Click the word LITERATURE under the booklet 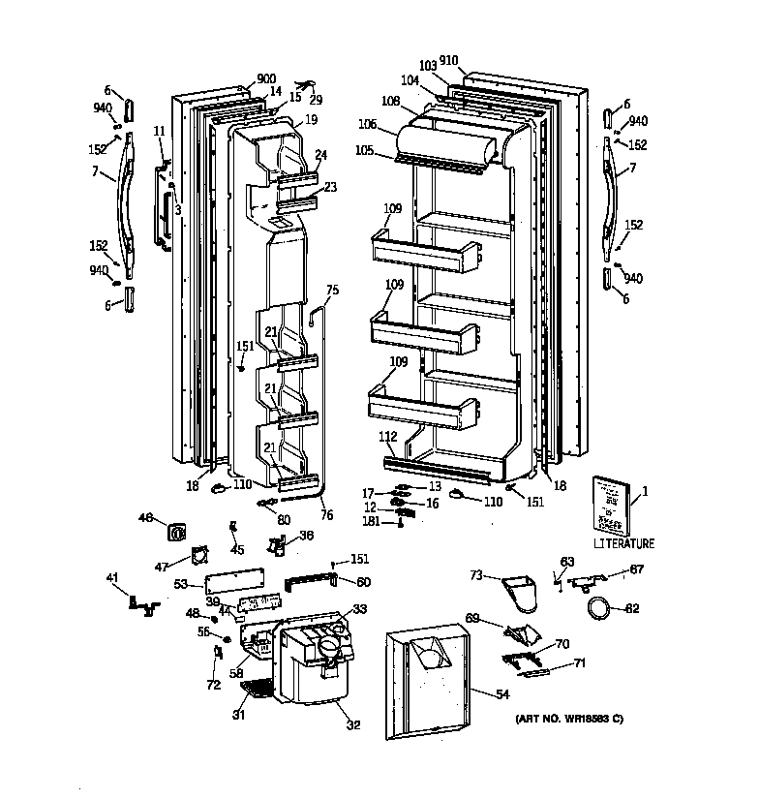pos(623,543)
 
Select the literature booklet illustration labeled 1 pos(611,504)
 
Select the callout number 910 pos(448,60)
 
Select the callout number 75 pos(332,290)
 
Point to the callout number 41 pos(112,578)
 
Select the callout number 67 pos(636,569)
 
